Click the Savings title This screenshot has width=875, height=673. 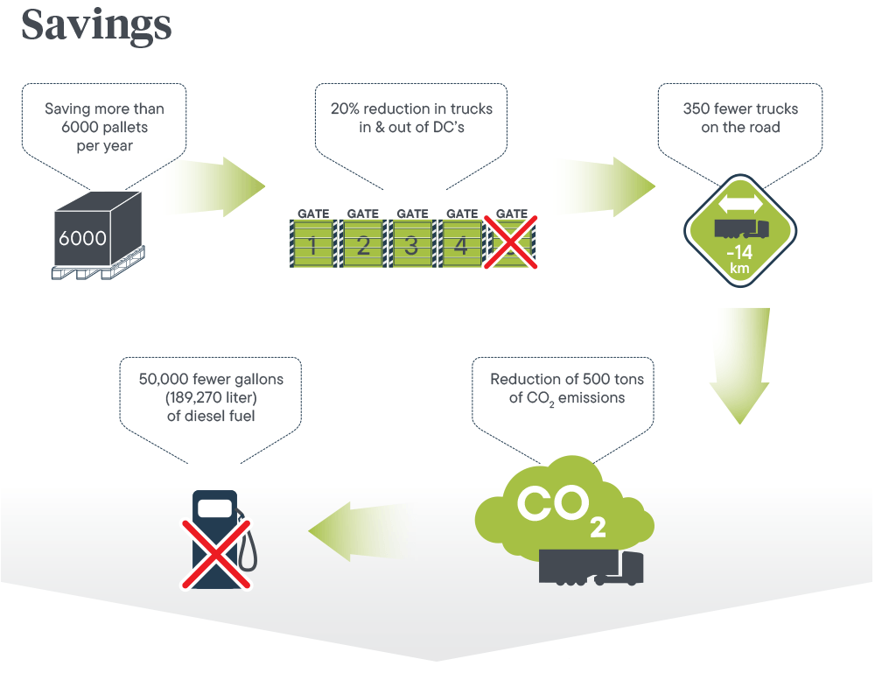tap(96, 25)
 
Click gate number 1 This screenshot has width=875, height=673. tap(313, 245)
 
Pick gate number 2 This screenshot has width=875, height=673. tap(362, 245)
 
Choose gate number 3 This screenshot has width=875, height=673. tap(411, 245)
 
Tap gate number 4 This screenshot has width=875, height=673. tap(461, 245)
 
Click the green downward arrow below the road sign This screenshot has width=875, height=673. tap(739, 368)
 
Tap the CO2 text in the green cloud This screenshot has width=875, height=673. tap(560, 508)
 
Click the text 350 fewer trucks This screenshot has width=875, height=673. tap(740, 109)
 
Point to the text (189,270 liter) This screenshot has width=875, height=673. tap(211, 397)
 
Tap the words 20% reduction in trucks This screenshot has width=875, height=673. tap(411, 109)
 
